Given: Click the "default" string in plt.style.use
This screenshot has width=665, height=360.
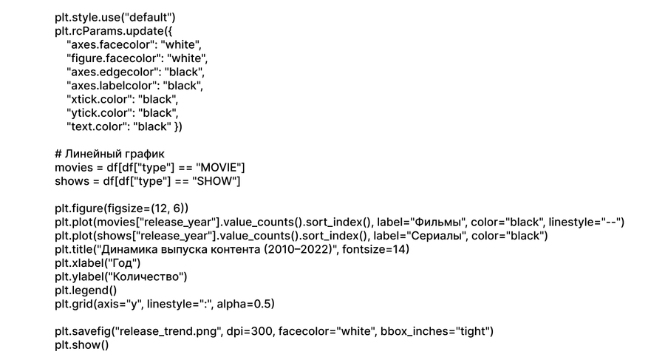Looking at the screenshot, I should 149,17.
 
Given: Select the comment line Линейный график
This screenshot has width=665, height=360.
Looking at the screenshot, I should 109,154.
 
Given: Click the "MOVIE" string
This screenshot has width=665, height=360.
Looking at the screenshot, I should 218,168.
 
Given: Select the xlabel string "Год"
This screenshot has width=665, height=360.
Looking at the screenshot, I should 120,263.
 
